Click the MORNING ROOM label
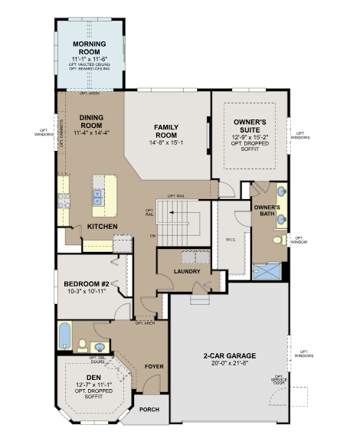[x=90, y=47]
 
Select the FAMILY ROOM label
[x=166, y=130]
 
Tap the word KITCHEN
[x=101, y=227]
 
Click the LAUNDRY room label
[x=187, y=271]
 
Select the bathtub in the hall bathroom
[x=65, y=335]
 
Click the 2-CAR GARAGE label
[x=229, y=355]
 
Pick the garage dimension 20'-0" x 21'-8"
[x=229, y=365]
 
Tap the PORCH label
[x=149, y=409]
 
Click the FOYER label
[x=153, y=366]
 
